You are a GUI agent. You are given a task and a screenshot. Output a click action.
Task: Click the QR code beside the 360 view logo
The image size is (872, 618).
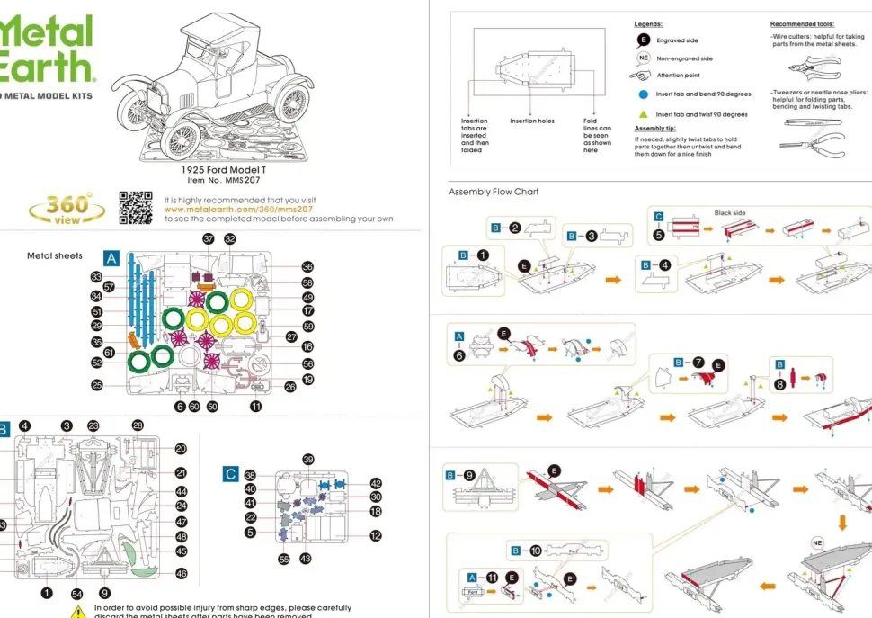point(137,207)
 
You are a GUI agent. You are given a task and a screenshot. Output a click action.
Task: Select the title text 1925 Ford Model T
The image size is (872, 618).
point(223,169)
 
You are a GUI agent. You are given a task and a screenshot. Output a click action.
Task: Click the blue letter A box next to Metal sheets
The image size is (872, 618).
point(111,258)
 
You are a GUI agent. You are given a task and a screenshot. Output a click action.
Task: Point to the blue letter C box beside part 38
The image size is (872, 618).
point(230,474)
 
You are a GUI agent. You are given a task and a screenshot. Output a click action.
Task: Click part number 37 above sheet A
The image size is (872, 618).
point(209,239)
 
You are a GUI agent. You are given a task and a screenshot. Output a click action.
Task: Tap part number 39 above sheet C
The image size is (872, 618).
point(308,460)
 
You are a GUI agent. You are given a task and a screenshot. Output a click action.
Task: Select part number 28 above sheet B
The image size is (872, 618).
point(138,425)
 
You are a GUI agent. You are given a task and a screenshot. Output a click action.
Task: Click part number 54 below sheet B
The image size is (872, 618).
point(76,594)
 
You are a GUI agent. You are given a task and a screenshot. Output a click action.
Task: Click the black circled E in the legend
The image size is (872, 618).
point(644,40)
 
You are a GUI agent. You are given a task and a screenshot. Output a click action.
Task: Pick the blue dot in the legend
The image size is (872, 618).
point(644,94)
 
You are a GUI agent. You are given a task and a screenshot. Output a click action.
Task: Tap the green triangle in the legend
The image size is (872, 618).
point(644,114)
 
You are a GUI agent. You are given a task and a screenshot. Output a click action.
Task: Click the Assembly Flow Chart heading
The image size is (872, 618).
point(494,193)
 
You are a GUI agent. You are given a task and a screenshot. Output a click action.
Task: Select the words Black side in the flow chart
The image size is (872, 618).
point(729,213)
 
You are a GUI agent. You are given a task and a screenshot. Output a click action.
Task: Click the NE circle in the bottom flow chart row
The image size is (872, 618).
point(818,543)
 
